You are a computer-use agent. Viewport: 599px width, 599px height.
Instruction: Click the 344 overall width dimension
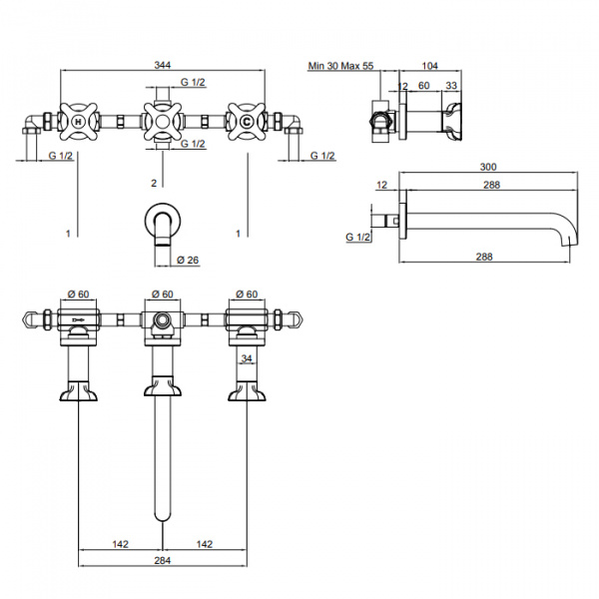point(163,65)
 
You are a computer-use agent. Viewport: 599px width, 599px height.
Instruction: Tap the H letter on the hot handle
point(78,122)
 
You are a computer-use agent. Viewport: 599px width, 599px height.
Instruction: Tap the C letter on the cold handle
point(247,122)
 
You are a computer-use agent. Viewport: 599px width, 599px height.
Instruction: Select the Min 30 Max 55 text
point(340,66)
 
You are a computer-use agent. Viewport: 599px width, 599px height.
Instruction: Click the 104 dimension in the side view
point(429,66)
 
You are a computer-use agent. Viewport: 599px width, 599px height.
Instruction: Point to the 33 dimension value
point(451,85)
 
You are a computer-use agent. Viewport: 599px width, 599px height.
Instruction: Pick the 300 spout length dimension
point(488,167)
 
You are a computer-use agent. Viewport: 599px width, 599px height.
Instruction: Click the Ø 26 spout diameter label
point(188,261)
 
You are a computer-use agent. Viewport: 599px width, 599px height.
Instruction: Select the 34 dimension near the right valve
point(247,358)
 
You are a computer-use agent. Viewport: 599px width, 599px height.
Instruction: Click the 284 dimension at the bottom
point(163,561)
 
